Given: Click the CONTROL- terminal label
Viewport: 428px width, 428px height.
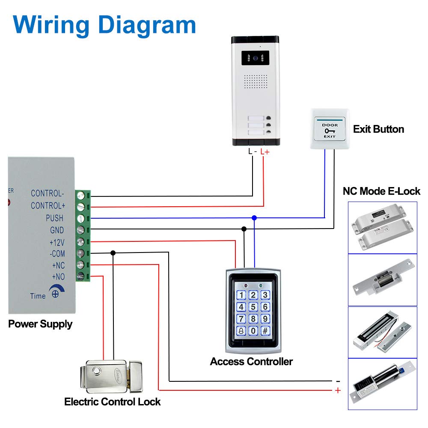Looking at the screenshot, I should point(48,193).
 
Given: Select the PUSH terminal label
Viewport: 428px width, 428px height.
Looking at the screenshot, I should point(55,218).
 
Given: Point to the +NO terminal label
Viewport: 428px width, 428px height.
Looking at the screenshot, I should point(58,276).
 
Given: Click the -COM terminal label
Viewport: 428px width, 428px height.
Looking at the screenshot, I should point(57,254).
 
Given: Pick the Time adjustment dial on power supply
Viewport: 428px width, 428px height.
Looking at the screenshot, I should point(55,294).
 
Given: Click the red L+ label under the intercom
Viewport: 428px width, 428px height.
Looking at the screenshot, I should point(265,152).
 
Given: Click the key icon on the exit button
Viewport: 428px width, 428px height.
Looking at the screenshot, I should point(330,131).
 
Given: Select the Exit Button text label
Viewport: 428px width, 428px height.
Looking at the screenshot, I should point(378,129).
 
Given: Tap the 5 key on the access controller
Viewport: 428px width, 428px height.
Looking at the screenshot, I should point(253,307).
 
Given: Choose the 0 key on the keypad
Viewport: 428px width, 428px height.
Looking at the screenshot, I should point(253,330).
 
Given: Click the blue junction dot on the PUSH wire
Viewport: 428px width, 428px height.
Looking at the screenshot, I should point(254,218).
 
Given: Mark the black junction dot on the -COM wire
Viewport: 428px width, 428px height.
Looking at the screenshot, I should point(113,253).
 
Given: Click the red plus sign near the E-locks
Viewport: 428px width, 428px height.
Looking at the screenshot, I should point(338,390).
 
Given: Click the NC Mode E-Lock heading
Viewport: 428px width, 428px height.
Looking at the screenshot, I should point(381,191).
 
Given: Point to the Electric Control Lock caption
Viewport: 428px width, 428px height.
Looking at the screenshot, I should point(113,402).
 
